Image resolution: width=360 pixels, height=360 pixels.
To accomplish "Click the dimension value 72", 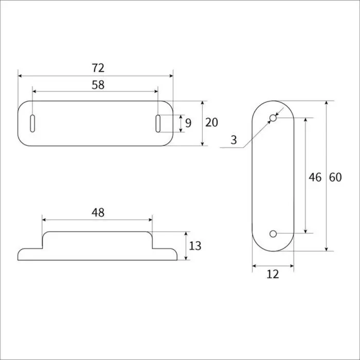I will [98, 67].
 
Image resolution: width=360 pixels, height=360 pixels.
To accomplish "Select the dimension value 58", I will [98, 85].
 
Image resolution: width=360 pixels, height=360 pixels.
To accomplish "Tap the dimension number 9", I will [188, 123].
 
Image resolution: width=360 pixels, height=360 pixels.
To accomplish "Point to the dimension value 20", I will [211, 122].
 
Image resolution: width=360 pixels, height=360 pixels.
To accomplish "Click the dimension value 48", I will [98, 212].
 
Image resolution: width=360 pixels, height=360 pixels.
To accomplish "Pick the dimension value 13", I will [195, 246].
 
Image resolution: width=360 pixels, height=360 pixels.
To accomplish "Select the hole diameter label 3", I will [234, 140].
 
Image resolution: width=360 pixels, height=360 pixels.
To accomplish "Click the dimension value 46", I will [315, 177].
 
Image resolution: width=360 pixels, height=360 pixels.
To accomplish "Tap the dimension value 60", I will [335, 177].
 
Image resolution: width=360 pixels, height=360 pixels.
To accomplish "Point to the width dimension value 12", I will [273, 274].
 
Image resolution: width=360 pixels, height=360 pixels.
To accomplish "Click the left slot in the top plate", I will [32, 123].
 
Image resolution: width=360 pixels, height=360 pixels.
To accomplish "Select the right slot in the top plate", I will [158, 123].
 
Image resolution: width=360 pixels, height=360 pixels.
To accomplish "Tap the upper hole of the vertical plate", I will [273, 119].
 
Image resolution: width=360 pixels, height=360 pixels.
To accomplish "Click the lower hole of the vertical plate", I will [273, 234].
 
